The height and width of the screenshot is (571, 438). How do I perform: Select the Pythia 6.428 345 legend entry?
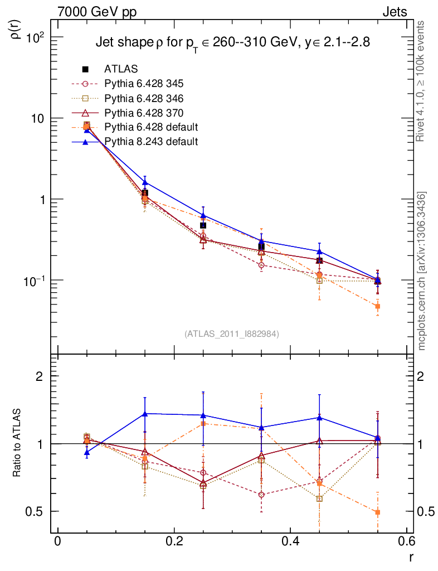pyautogui.click(x=144, y=84)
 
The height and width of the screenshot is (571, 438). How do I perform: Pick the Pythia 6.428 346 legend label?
pyautogui.click(x=144, y=98)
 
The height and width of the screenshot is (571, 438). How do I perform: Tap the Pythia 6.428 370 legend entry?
pyautogui.click(x=144, y=113)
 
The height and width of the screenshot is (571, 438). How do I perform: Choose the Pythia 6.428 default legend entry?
pyautogui.click(x=151, y=127)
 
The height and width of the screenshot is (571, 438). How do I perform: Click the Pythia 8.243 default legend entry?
pyautogui.click(x=151, y=142)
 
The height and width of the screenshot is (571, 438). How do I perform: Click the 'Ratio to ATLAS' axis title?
pyautogui.click(x=17, y=443)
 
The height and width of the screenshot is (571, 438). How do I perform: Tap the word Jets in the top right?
pyautogui.click(x=395, y=11)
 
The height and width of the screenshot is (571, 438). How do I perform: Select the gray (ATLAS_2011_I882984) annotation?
pyautogui.click(x=232, y=333)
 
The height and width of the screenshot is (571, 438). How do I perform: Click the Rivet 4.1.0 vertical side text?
pyautogui.click(x=421, y=80)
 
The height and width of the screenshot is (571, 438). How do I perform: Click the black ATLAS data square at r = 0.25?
pyautogui.click(x=203, y=225)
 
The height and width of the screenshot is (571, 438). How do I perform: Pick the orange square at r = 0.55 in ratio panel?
pyautogui.click(x=377, y=512)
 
